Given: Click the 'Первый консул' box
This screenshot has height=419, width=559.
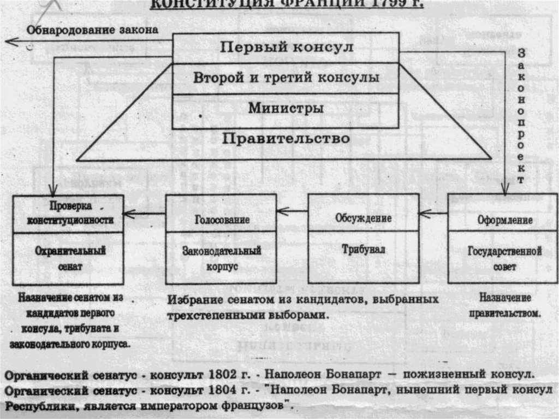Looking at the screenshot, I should [286, 48].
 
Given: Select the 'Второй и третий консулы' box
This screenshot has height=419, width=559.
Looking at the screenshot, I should [286, 78].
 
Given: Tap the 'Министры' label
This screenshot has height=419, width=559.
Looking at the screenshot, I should [286, 108].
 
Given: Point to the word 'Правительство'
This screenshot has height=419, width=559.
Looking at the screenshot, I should [286, 138].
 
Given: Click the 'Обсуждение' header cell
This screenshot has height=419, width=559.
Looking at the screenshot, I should [364, 218].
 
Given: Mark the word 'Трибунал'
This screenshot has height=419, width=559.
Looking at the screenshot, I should [364, 250].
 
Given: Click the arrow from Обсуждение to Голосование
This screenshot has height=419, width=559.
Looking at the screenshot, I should [293, 210].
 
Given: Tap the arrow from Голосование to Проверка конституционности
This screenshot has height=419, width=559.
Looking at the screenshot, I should [145, 213].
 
